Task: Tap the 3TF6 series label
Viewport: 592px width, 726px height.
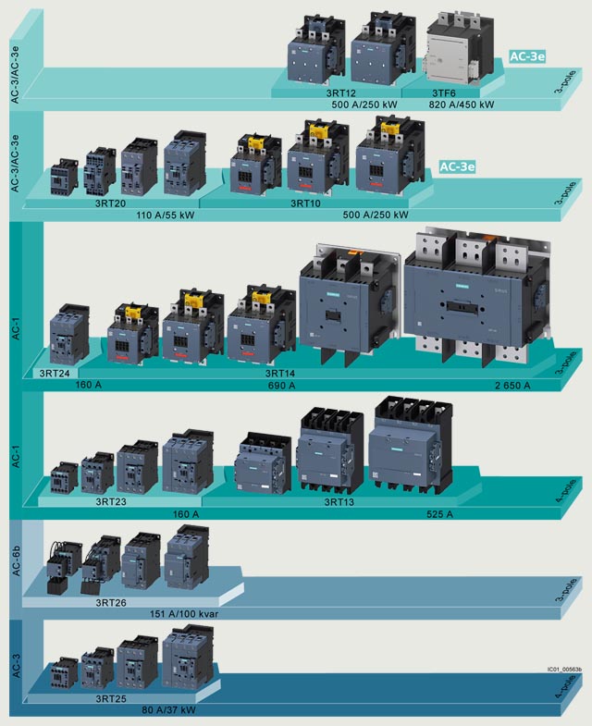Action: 448,92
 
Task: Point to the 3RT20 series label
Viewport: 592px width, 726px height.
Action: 112,203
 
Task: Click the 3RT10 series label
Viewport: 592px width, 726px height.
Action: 306,203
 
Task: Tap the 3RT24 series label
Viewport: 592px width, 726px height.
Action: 55,373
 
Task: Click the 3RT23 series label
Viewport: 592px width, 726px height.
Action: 111,501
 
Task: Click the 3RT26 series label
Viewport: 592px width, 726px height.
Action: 112,602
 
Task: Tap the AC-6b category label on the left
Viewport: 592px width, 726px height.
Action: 16,561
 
